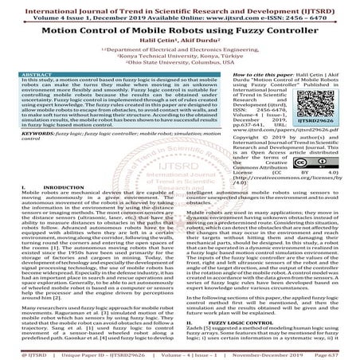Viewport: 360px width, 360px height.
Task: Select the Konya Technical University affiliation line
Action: (179, 60)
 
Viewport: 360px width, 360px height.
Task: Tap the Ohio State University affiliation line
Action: (179, 67)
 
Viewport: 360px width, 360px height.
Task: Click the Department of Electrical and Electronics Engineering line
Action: (181, 53)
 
